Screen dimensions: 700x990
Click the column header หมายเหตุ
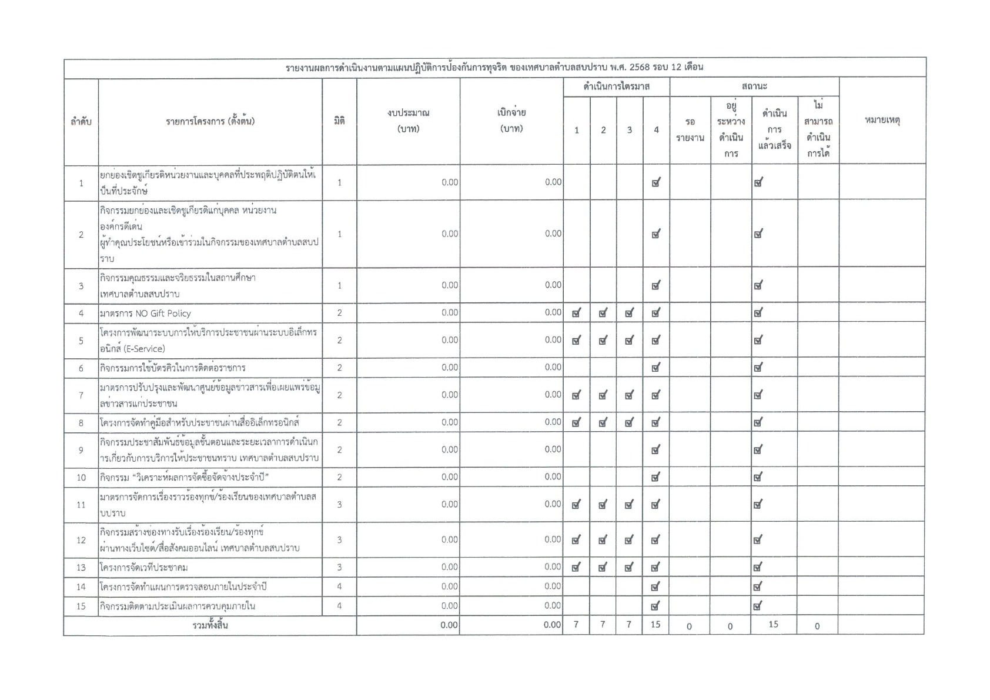(x=882, y=121)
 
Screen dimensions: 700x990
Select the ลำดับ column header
(x=81, y=122)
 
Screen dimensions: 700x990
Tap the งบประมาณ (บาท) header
(x=408, y=121)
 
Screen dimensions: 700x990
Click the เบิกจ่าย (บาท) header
(x=511, y=121)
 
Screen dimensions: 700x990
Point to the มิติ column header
(x=339, y=121)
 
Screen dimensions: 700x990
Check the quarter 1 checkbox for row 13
(x=576, y=568)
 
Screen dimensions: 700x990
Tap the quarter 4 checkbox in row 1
(x=656, y=183)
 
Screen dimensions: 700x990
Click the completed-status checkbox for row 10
(x=758, y=478)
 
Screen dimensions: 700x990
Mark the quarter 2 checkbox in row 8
(x=603, y=422)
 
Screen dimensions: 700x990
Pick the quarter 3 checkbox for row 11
(x=629, y=505)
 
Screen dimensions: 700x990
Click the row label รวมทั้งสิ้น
(x=210, y=626)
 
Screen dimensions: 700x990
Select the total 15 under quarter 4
(x=655, y=625)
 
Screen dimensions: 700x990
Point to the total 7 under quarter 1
(x=576, y=625)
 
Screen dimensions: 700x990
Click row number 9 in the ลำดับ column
(x=81, y=451)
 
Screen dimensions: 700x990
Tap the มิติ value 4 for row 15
(x=339, y=606)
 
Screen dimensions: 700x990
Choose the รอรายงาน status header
(x=690, y=130)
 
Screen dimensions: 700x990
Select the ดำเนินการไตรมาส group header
(x=616, y=87)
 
